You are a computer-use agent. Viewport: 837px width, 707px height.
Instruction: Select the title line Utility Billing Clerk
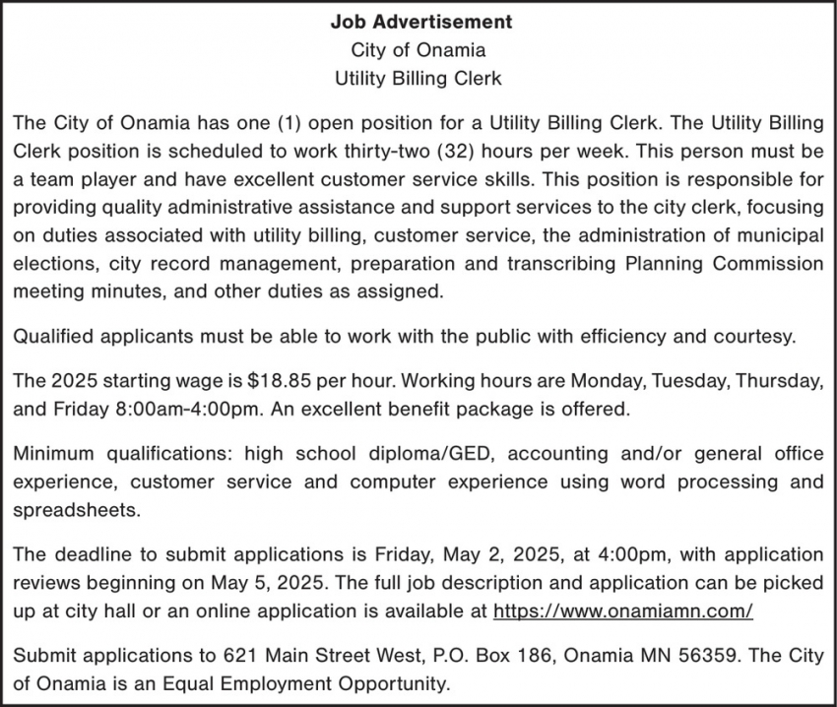[418, 77]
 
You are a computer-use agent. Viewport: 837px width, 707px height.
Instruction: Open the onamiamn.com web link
[622, 611]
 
